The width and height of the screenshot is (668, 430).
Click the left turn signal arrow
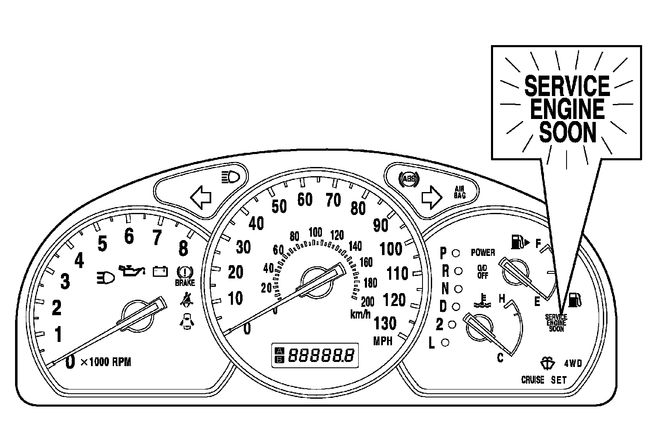tap(201, 197)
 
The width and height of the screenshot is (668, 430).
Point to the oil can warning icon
tap(131, 271)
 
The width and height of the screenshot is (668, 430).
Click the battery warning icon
tap(160, 271)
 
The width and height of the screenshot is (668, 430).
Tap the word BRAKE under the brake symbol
tap(185, 283)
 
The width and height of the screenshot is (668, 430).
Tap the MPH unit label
tap(383, 341)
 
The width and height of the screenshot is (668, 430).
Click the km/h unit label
tap(360, 314)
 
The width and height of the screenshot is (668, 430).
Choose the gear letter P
tap(443, 253)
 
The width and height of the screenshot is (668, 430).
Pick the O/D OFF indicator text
tap(483, 272)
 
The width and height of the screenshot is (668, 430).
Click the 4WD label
tap(573, 363)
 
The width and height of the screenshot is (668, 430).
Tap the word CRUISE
tap(533, 380)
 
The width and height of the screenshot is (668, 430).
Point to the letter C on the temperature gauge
tap(500, 358)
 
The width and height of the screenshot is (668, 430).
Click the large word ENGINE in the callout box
tap(567, 109)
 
